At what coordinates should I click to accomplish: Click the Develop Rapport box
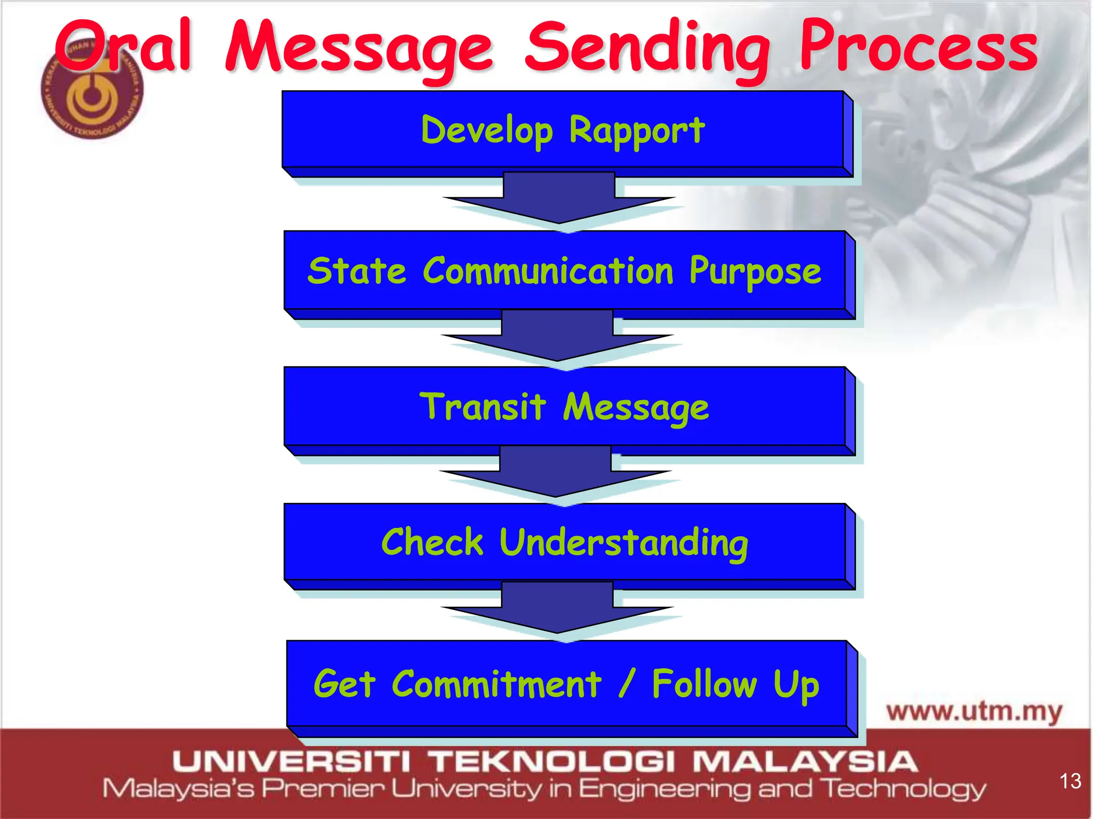coord(563,130)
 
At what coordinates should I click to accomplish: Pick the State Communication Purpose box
coord(565,271)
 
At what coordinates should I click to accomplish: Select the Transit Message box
coord(565,407)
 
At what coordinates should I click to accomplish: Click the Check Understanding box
coord(565,542)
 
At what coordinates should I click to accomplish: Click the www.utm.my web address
coord(975,712)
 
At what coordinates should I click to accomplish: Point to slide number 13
coord(1070,781)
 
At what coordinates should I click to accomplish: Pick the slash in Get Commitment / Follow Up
coord(628,684)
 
